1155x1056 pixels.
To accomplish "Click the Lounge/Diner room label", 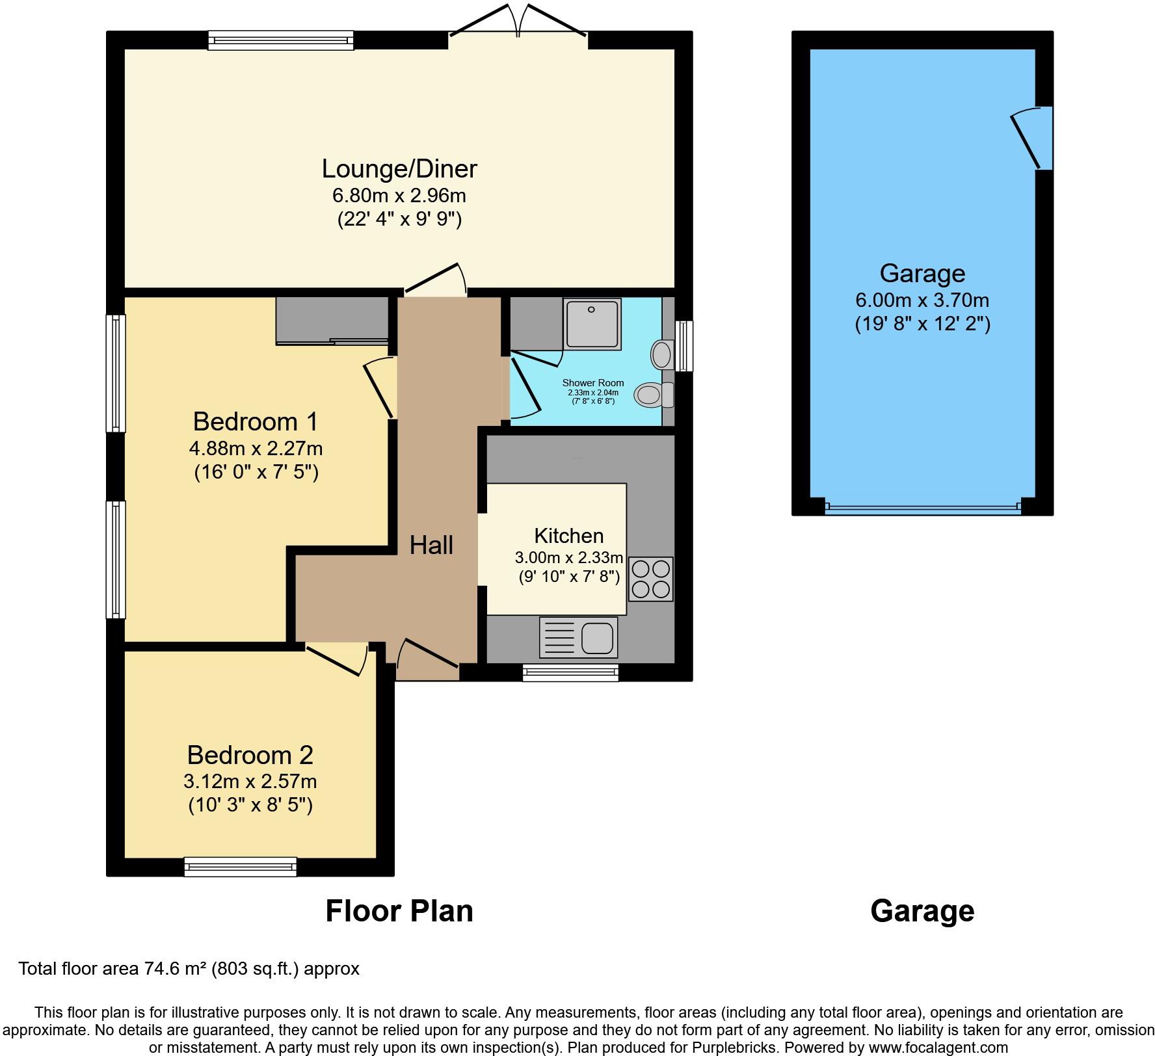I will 399,169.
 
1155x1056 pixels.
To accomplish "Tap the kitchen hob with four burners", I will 650,579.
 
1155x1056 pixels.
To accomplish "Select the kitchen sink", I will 578,637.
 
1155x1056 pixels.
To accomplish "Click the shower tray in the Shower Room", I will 592,323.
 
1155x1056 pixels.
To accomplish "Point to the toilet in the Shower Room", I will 653,394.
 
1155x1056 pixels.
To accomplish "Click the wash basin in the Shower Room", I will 661,355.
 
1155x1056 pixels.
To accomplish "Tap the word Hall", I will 431,545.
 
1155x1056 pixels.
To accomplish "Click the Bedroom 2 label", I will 250,755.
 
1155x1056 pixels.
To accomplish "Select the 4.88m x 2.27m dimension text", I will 256,449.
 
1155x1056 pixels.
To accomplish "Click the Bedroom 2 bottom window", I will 240,866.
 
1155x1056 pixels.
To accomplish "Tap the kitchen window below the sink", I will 570,672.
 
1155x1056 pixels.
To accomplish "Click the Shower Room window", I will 684,345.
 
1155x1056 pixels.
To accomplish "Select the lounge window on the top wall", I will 280,40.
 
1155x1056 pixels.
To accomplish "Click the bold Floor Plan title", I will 399,911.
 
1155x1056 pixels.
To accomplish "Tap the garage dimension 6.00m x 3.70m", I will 922,300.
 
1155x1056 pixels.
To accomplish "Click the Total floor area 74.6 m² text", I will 189,969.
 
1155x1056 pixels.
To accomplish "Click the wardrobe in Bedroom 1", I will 332,321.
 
